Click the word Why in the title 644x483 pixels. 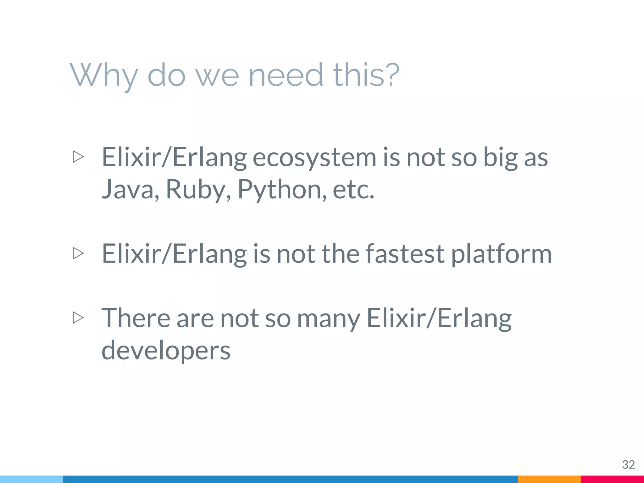[x=104, y=75]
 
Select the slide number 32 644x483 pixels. [x=628, y=464]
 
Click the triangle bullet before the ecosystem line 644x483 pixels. [x=78, y=157]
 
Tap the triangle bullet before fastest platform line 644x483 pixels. [x=78, y=253]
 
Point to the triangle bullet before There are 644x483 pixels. [x=78, y=318]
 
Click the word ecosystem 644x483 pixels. [x=314, y=157]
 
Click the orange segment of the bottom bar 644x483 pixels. [x=549, y=479]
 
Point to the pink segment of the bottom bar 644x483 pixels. [x=612, y=479]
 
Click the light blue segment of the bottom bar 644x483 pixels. [x=31, y=479]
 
